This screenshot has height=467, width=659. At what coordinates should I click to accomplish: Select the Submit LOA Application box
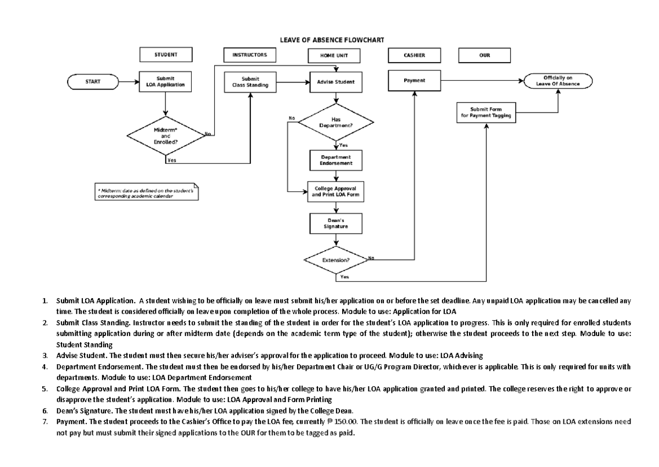tap(166, 82)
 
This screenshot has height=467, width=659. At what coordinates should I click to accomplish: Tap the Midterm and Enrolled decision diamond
tap(165, 135)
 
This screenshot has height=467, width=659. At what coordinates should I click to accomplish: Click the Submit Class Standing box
tap(250, 82)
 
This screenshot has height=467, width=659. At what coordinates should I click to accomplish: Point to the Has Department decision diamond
tap(336, 122)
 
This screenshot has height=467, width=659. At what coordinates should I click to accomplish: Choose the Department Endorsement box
tap(336, 160)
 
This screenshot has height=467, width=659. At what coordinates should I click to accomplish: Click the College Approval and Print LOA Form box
tap(336, 191)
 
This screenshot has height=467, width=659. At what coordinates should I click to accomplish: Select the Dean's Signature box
tap(336, 223)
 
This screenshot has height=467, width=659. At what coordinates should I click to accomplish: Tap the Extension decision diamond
tap(336, 258)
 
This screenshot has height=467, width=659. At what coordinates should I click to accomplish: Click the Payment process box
tap(415, 81)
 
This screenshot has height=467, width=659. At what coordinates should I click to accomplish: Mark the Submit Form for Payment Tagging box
tap(485, 112)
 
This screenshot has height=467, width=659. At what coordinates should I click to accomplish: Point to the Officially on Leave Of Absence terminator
tap(558, 81)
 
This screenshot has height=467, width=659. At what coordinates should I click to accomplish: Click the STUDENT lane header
tap(165, 55)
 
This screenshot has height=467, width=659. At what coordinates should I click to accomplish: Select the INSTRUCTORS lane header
tap(250, 55)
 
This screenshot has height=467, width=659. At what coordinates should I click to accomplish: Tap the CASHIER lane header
tap(415, 56)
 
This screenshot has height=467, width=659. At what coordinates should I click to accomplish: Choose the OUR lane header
tap(484, 56)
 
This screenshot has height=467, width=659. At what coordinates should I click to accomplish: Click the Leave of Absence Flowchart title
tap(332, 40)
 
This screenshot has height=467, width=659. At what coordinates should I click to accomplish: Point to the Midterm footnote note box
tap(147, 193)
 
